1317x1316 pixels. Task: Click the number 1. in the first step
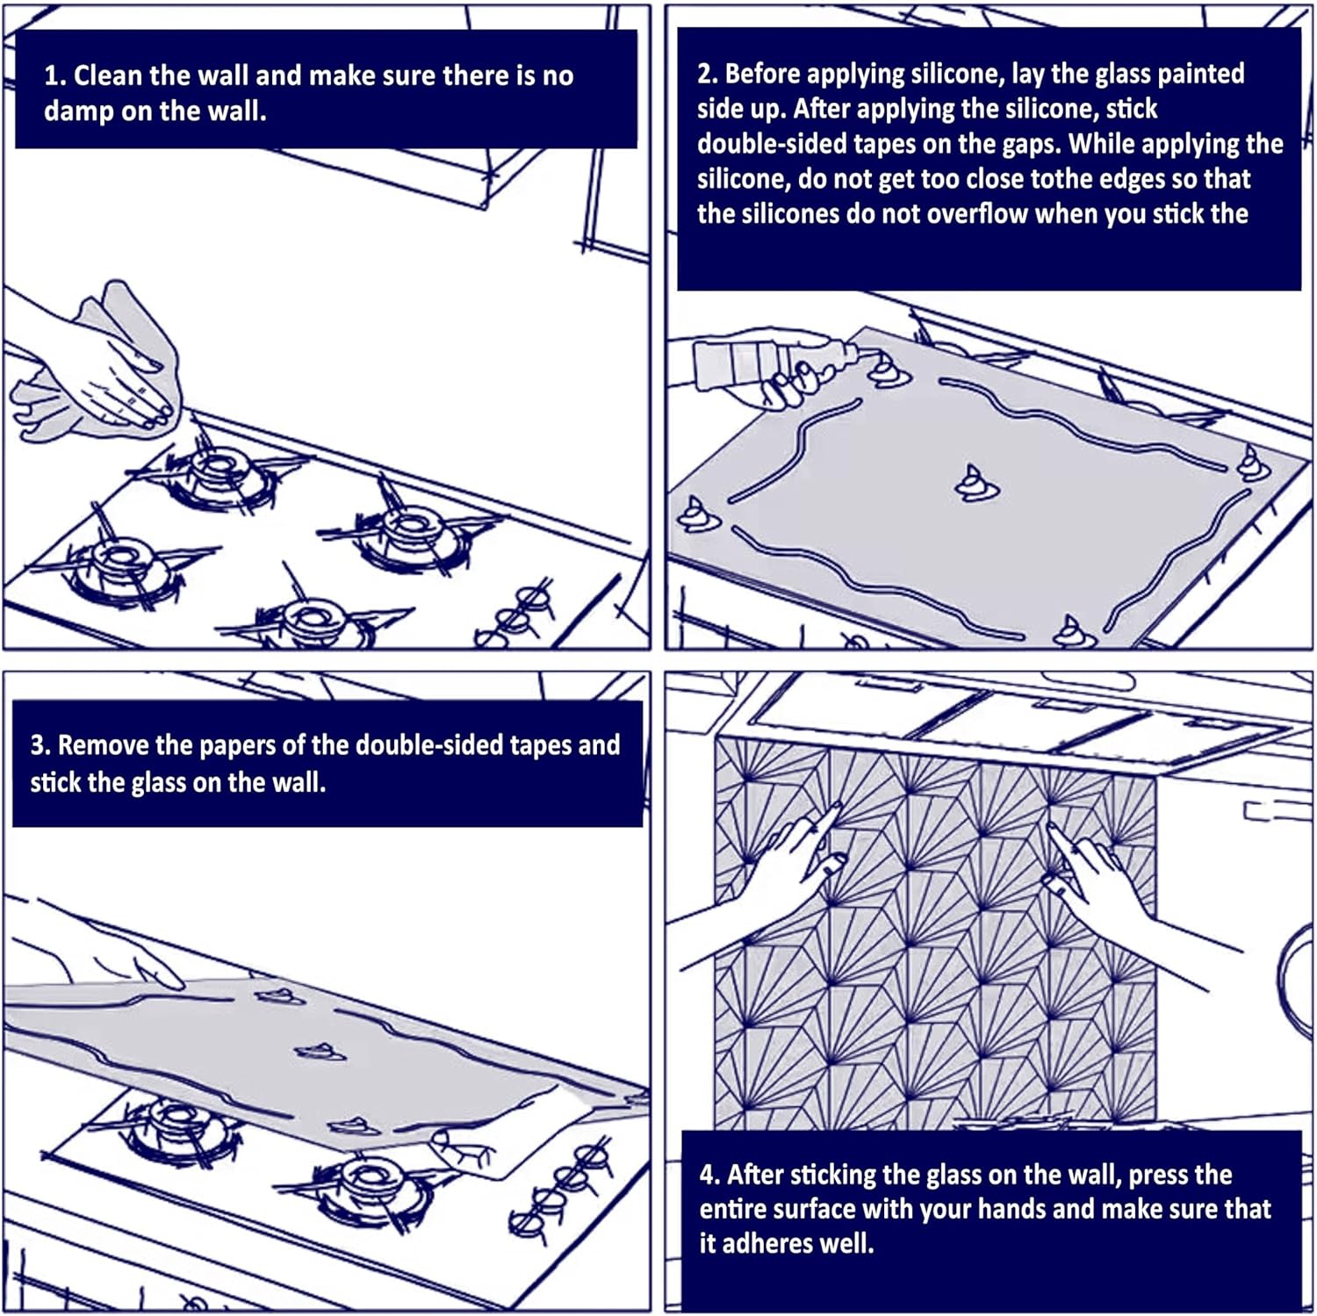[54, 76]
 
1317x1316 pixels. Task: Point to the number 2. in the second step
[708, 74]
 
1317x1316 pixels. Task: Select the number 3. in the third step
[40, 745]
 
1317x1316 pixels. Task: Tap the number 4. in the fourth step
[710, 1175]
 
